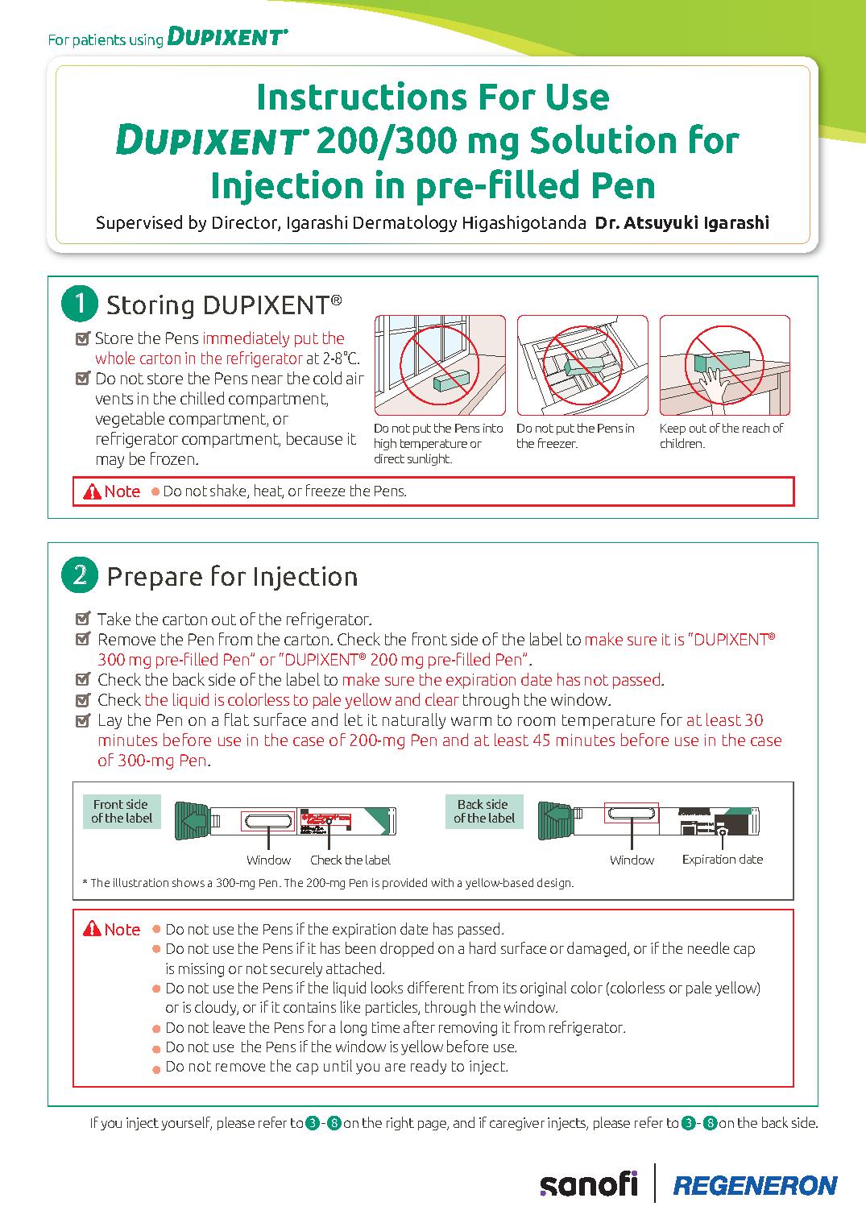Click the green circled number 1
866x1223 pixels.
pos(80,304)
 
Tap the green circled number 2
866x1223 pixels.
pos(80,575)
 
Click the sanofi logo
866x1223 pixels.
pos(589,1184)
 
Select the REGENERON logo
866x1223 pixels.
pos(755,1185)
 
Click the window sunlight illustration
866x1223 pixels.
pos(440,366)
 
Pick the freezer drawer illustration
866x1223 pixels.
pos(582,366)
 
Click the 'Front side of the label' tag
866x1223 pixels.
pos(122,811)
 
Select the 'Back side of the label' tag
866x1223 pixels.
pos(484,811)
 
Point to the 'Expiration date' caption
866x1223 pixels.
pos(722,860)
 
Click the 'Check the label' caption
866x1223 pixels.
pos(350,860)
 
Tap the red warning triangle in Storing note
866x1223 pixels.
pos(93,491)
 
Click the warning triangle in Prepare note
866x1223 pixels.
pos(93,929)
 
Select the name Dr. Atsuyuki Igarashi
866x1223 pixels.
pos(682,223)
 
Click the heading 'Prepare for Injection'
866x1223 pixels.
pos(232,577)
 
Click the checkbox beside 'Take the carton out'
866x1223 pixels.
pos(82,619)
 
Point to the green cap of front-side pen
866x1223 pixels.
pos(192,821)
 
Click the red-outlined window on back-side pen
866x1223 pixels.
pos(632,813)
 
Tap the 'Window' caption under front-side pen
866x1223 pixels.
pos(268,860)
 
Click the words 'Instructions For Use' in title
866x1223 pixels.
pos(433,97)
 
